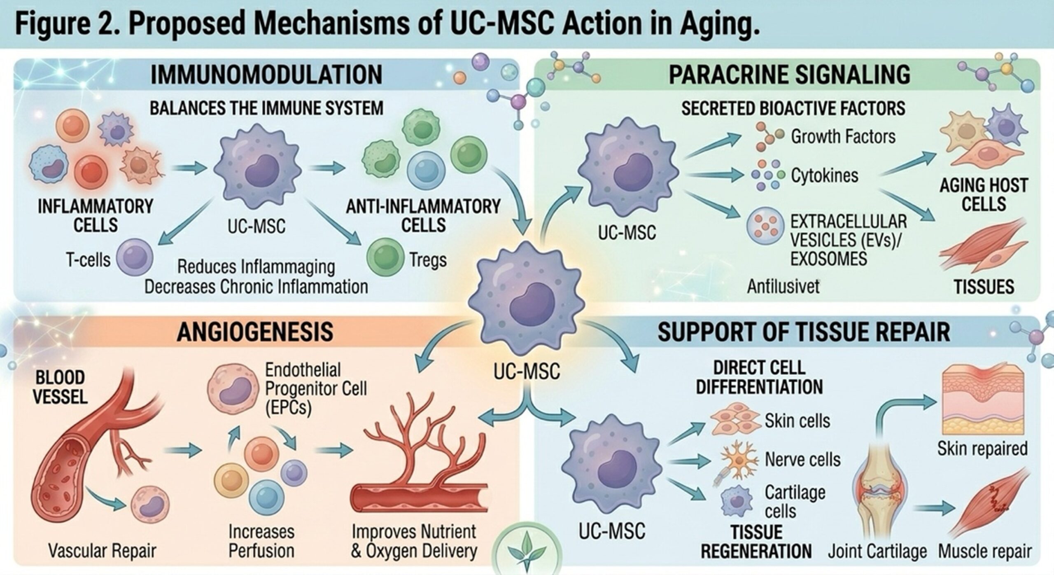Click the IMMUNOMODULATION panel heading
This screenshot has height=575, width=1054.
tap(266, 75)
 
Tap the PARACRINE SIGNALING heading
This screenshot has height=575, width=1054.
tap(789, 75)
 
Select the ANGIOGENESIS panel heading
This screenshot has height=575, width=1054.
tap(255, 332)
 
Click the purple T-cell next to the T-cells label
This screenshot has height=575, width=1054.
tap(135, 258)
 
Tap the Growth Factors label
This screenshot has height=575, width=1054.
tap(843, 136)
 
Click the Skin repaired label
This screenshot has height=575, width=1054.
tap(982, 449)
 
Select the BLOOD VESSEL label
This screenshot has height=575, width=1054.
tap(60, 387)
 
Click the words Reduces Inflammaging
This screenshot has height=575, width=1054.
tap(256, 267)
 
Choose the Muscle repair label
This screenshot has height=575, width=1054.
tap(985, 551)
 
